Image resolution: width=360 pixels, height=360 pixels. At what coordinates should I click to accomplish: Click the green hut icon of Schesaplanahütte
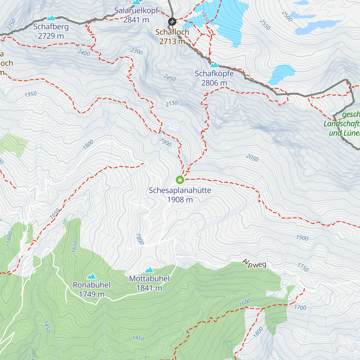pyautogui.click(x=180, y=180)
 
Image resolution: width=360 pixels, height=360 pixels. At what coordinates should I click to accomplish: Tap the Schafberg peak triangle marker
pyautogui.click(x=51, y=18)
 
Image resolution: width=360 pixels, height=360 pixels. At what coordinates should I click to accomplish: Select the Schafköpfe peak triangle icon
pyautogui.click(x=214, y=65)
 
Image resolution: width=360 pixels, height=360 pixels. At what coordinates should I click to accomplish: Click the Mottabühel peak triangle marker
pyautogui.click(x=149, y=270)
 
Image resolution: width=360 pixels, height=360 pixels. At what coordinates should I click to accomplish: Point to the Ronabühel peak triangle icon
pyautogui.click(x=91, y=276)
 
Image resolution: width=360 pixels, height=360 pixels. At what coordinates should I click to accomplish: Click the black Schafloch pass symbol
pyautogui.click(x=172, y=22)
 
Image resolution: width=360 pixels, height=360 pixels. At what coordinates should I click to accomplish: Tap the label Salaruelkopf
pyautogui.click(x=136, y=11)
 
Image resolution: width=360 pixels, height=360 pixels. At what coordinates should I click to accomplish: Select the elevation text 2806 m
pyautogui.click(x=214, y=83)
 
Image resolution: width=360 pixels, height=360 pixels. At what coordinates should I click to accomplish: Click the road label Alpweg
pyautogui.click(x=254, y=263)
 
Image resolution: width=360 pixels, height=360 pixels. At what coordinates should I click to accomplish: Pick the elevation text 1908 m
pyautogui.click(x=180, y=199)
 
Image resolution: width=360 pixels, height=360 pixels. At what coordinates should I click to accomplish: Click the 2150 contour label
pyautogui.click(x=172, y=103)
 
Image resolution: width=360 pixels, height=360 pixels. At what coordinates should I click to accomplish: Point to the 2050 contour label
pyautogui.click(x=252, y=157)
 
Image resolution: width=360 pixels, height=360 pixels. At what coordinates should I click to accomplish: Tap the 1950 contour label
pyautogui.click(x=31, y=94)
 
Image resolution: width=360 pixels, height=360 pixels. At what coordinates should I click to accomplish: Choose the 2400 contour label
pyautogui.click(x=84, y=53)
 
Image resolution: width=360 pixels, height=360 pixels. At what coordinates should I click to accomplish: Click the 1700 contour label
pyautogui.click(x=300, y=307)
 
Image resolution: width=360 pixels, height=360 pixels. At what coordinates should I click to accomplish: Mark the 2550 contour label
pyautogui.click(x=265, y=25)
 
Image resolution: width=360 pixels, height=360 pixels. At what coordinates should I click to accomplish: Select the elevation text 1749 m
pyautogui.click(x=91, y=294)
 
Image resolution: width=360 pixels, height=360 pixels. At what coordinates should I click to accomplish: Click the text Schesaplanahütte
pyautogui.click(x=180, y=190)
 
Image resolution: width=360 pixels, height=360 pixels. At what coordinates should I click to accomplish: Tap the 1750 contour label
pyautogui.click(x=303, y=267)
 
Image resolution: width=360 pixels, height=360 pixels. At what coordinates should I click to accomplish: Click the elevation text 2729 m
pyautogui.click(x=51, y=36)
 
